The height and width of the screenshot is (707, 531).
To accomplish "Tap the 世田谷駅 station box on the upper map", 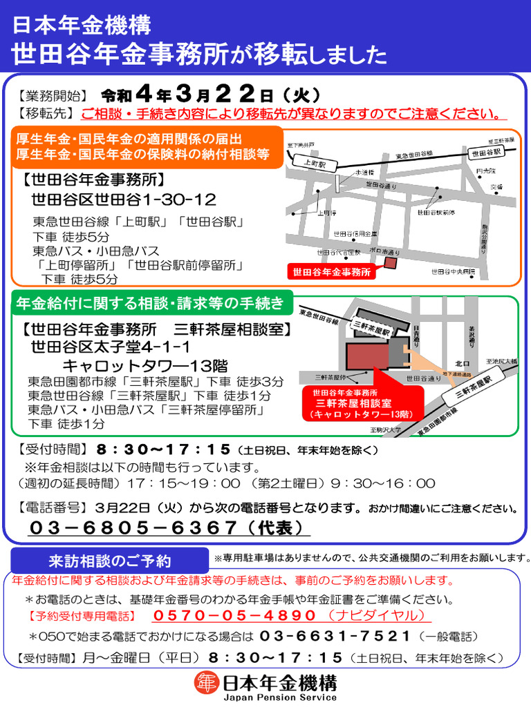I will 485,153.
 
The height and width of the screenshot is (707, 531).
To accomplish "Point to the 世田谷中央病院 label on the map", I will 454,271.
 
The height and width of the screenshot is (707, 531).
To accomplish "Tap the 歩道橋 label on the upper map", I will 364,173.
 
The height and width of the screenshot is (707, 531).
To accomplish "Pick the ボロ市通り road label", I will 385,252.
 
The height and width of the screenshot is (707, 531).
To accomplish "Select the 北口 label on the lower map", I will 462,362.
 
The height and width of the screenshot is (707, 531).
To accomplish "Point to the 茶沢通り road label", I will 472,335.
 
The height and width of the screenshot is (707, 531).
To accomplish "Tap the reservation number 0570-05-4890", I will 235,615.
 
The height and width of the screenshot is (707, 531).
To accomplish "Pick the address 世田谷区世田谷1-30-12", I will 124,200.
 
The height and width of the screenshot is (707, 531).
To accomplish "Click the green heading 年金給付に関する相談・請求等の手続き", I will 149,302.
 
